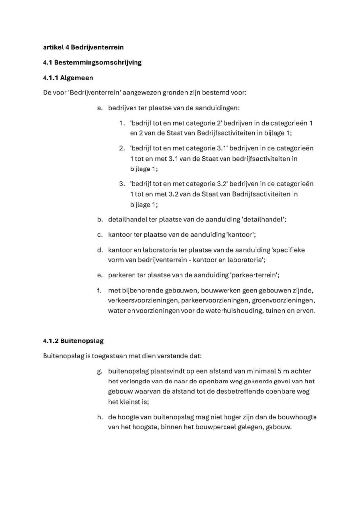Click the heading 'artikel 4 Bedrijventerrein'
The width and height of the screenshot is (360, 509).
(83, 47)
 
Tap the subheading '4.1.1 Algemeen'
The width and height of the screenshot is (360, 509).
(68, 78)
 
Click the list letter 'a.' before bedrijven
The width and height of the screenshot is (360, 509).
(100, 108)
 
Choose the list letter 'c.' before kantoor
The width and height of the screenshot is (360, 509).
(100, 235)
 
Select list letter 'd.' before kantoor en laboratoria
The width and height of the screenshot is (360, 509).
(100, 250)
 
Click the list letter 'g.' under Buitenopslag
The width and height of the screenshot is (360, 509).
(100, 371)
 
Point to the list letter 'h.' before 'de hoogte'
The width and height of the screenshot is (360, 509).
(100, 417)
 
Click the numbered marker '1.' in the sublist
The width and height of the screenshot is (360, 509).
(122, 123)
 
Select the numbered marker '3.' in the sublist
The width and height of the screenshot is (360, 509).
(122, 184)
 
